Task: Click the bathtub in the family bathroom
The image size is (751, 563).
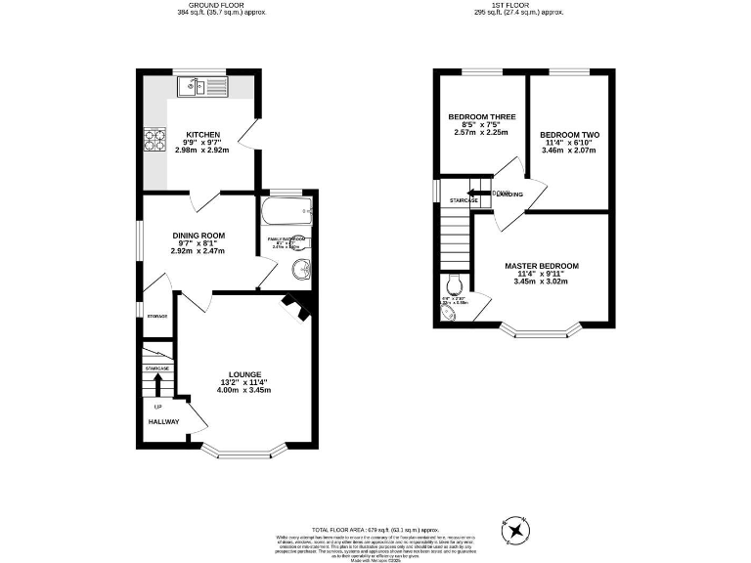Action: pos(286,208)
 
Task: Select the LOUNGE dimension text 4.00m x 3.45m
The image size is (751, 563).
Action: pos(243,390)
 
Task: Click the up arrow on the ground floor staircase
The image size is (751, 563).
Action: pos(157,382)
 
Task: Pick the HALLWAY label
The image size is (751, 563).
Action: pos(163,422)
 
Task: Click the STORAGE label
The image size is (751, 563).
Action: pos(156,317)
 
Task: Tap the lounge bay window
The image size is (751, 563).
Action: pos(243,453)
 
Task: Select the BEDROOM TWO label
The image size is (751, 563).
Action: pos(569,135)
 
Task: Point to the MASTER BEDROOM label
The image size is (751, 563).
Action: pos(541,266)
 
